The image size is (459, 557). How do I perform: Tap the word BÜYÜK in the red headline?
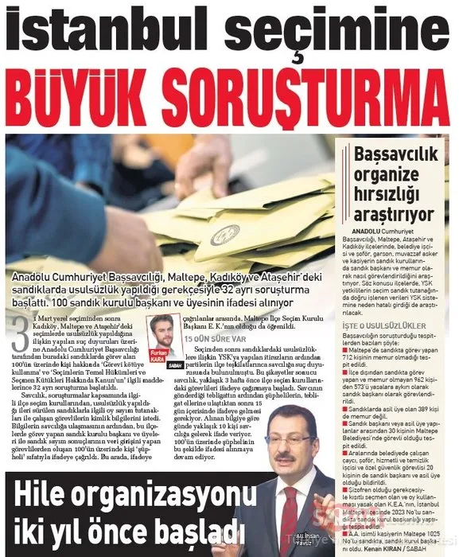103,99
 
